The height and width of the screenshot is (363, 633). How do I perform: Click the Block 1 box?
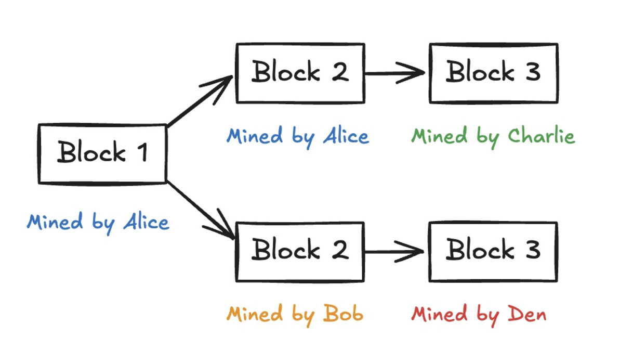[102, 153]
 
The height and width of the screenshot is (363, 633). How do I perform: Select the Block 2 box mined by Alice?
[300, 73]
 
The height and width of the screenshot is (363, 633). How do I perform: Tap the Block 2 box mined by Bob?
[300, 252]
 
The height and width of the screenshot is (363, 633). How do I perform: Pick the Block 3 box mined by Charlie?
[493, 73]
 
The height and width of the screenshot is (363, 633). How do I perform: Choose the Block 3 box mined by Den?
[493, 252]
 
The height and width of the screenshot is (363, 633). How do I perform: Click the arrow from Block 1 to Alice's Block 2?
[200, 101]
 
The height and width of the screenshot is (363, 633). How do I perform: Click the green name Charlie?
[541, 136]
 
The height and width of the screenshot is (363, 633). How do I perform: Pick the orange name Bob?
[344, 315]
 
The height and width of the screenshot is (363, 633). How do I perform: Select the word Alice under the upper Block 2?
[346, 136]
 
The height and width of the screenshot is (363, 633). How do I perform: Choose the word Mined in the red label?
[432, 315]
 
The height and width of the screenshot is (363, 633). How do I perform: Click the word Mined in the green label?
[432, 136]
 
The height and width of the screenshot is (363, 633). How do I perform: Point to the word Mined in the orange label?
[247, 315]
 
